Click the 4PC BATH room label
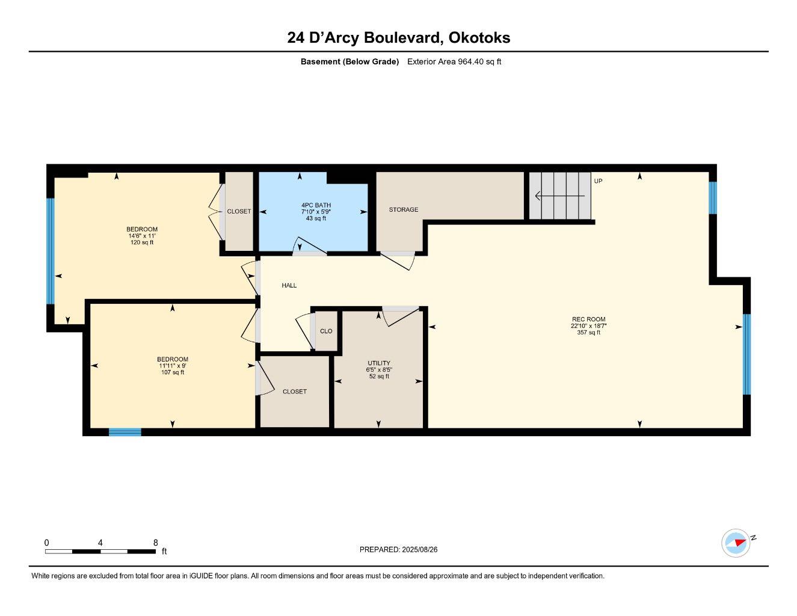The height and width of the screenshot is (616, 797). coord(316,205)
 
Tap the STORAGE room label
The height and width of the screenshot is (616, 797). coord(403,210)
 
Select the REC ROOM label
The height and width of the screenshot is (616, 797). coord(588,319)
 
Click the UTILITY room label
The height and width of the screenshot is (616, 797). coord(379,363)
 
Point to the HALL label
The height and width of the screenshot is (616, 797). coord(289,286)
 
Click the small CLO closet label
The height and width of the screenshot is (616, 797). coord(326,331)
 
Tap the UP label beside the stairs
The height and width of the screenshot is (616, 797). coord(598,181)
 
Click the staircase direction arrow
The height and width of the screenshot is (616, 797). coord(559,196)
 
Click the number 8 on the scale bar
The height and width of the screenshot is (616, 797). coord(155,543)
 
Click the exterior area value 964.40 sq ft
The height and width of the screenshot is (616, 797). coord(479,61)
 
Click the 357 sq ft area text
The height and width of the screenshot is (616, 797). coord(588,333)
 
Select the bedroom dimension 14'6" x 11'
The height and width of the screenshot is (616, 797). coord(142,236)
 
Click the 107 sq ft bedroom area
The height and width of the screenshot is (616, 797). coord(173,372)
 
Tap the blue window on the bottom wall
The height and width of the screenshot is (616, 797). coord(125,432)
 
